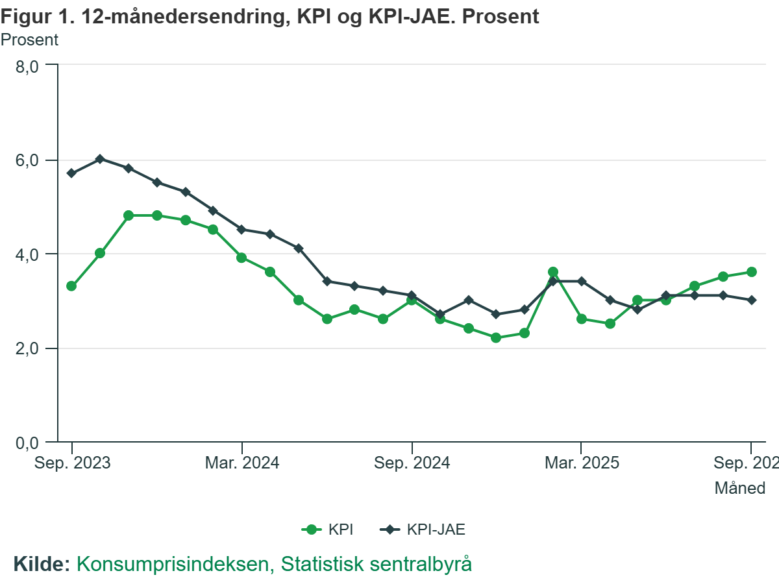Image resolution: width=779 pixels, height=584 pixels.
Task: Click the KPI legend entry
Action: (x=328, y=529)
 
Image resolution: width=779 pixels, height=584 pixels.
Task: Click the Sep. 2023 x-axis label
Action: (x=72, y=463)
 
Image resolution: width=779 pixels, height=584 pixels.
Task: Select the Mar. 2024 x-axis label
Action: (x=242, y=463)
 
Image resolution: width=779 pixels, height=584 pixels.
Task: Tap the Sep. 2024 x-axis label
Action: (x=412, y=463)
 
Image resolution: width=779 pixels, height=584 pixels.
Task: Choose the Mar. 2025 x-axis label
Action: (x=581, y=463)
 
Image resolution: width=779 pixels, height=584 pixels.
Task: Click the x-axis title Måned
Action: (x=740, y=488)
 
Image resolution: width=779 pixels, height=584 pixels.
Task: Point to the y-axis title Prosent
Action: (x=29, y=40)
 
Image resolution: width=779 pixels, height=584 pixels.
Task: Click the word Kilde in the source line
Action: (x=41, y=564)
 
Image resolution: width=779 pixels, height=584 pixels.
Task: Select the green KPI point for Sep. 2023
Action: (x=71, y=286)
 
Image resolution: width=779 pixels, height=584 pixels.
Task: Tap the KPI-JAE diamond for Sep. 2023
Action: (x=71, y=173)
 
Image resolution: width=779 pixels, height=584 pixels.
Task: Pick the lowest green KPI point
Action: (x=496, y=337)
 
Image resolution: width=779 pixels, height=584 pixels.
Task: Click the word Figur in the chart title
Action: (x=25, y=16)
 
